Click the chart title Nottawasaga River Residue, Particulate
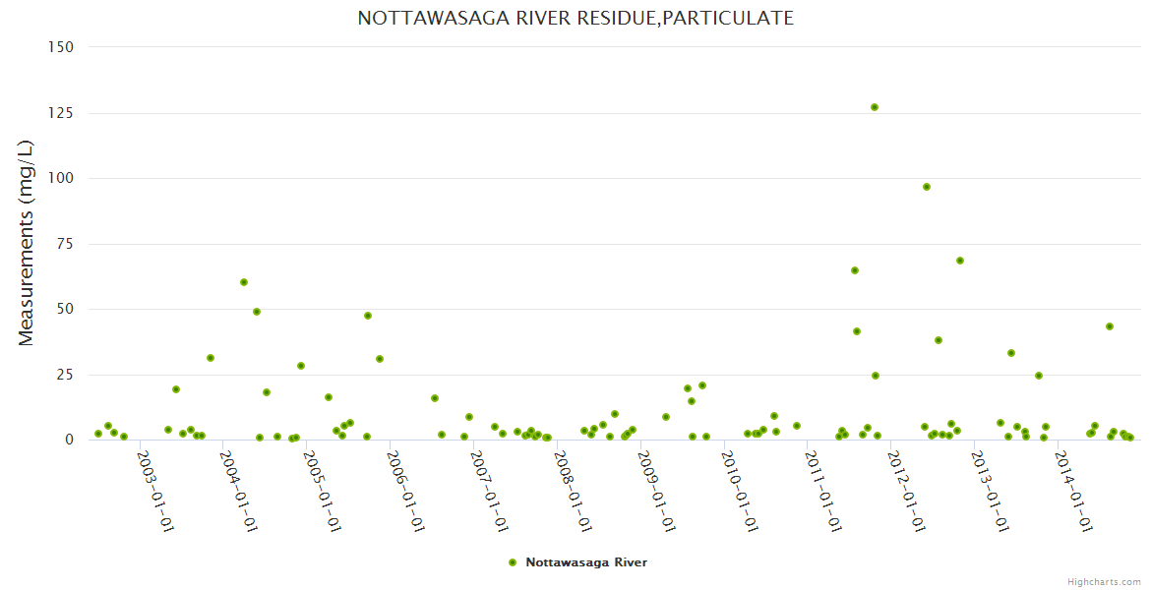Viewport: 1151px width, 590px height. pos(575,18)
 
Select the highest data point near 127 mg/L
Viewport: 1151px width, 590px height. pos(874,107)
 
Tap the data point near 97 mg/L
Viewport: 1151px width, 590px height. pos(926,187)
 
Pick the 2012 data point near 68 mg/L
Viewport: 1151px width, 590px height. pos(960,261)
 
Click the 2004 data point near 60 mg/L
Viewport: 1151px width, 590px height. pos(244,282)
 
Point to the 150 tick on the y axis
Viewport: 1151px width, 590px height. pos(61,47)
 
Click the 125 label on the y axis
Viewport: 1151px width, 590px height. pos(61,113)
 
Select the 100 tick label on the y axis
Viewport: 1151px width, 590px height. pos(61,178)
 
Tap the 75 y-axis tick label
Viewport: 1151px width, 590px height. pos(65,244)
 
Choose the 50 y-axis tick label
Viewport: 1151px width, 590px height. pos(65,309)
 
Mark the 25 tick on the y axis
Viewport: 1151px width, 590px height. pos(65,375)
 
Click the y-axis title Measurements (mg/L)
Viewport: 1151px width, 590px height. pos(27,243)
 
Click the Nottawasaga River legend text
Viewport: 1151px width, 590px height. pos(586,562)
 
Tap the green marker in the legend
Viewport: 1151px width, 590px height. pos(512,562)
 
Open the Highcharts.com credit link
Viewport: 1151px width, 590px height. pos(1105,581)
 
